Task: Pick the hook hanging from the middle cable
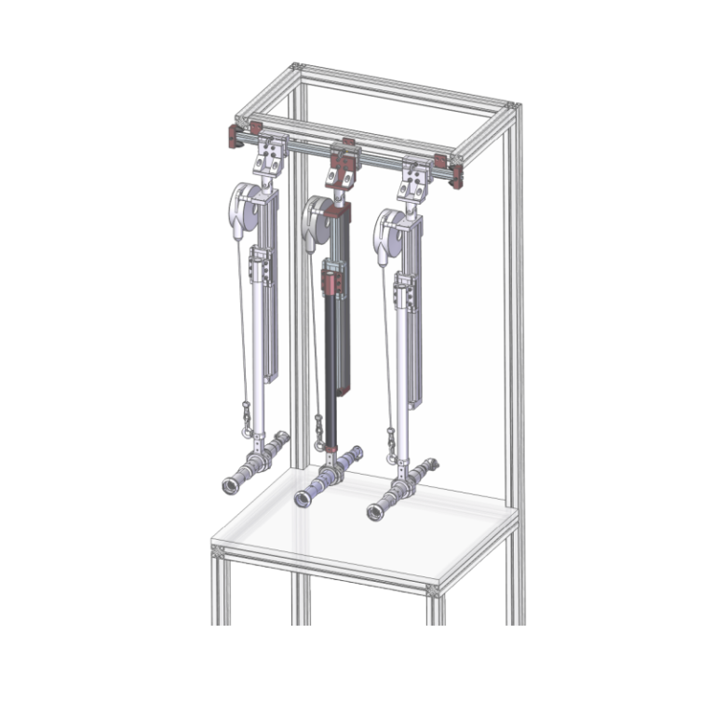point(318,437)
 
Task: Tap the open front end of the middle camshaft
point(304,498)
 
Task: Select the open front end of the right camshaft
point(376,511)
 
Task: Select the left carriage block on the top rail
point(270,152)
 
